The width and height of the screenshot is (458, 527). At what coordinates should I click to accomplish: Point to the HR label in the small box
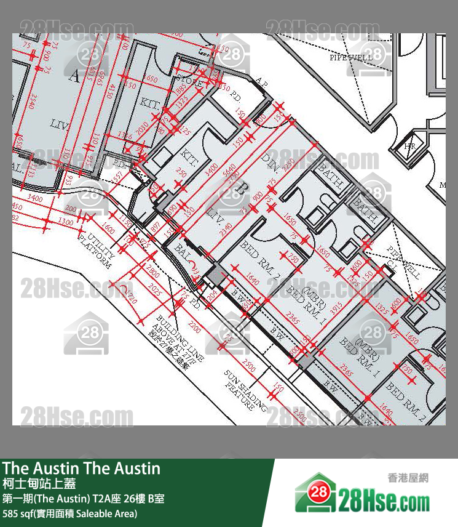(x=409, y=146)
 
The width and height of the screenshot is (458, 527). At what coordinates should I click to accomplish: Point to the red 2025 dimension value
(x=155, y=288)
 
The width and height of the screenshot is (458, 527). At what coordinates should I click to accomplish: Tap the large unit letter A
(x=76, y=76)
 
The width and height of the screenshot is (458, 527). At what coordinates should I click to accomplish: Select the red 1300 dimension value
(x=65, y=220)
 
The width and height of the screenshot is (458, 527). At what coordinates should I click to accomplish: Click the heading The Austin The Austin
(x=81, y=469)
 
